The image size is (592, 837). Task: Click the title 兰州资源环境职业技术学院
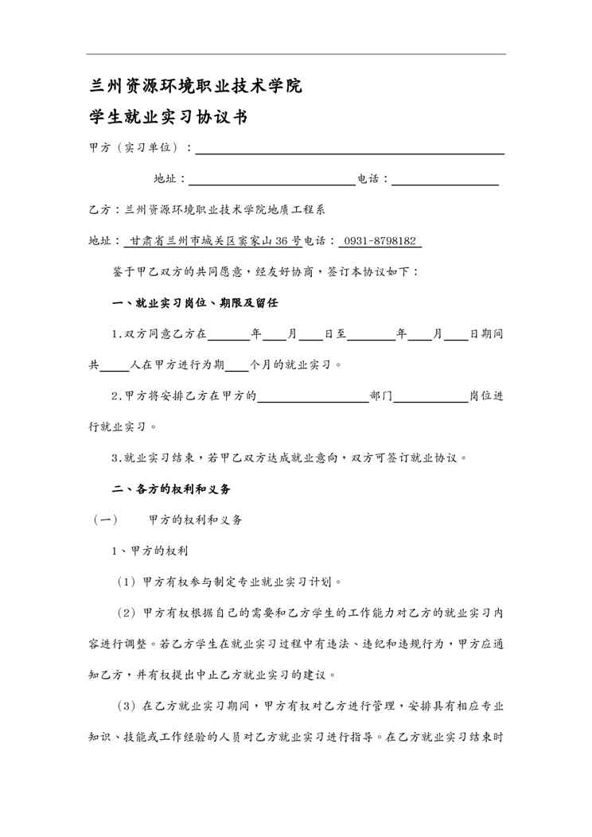196,86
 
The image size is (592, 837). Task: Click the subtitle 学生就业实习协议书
168,118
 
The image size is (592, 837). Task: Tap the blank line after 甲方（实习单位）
350,148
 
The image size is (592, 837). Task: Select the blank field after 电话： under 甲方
445,179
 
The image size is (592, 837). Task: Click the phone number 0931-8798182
380,240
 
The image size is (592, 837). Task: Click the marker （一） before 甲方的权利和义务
106,520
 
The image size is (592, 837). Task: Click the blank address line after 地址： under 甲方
271,179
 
